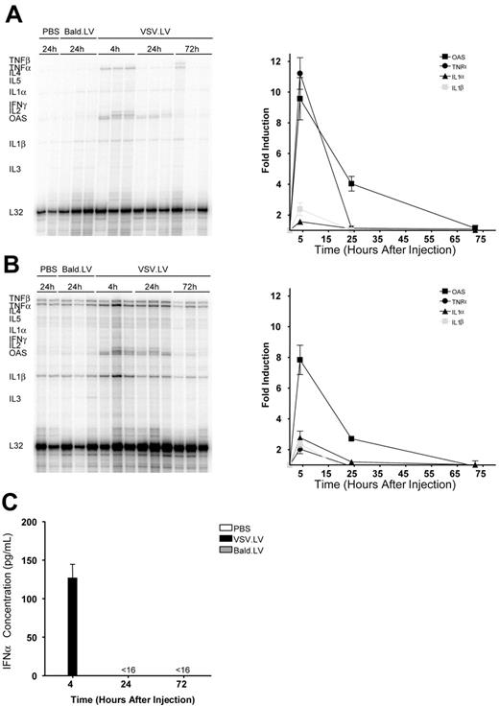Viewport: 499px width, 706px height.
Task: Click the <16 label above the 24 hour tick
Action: pos(127,671)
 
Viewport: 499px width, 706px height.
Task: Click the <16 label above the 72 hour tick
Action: pos(182,671)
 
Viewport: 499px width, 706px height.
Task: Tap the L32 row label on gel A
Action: pos(17,210)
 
